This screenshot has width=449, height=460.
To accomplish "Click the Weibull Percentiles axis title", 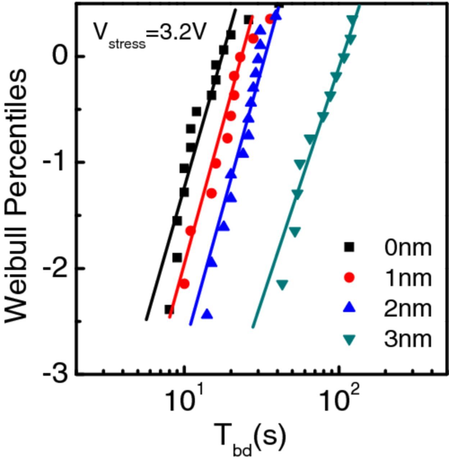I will click(x=16, y=196).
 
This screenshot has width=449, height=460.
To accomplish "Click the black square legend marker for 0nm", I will click(x=349, y=247).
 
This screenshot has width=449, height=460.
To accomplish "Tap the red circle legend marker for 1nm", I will click(x=349, y=277).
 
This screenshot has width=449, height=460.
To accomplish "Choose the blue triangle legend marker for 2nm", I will click(x=349, y=308).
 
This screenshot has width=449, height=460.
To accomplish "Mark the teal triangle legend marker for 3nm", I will click(x=349, y=339).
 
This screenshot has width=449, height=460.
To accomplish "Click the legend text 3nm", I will click(x=408, y=339).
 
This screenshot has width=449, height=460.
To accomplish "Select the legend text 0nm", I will click(x=408, y=247).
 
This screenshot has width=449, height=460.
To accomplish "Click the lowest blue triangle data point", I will click(x=207, y=314).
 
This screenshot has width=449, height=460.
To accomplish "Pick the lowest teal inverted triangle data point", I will click(x=282, y=285).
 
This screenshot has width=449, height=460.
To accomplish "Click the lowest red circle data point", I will click(x=184, y=284).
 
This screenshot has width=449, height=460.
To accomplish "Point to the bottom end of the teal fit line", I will click(x=253, y=327).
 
